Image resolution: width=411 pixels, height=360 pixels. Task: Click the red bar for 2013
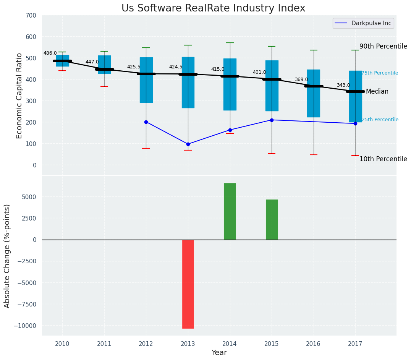(188, 284)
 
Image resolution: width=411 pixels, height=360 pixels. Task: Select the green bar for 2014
(230, 211)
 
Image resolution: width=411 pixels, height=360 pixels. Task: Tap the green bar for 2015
(272, 220)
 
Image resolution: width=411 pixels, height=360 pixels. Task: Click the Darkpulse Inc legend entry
(363, 23)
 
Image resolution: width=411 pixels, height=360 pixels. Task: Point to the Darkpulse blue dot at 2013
(188, 144)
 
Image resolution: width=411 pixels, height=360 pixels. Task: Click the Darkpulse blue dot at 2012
(146, 122)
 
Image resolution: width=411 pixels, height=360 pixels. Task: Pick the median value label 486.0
(50, 53)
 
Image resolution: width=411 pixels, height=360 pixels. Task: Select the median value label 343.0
(343, 85)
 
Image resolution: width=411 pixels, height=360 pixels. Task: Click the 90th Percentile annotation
(383, 46)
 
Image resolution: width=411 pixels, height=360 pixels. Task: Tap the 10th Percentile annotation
(383, 159)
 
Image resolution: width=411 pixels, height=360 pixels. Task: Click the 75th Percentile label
(380, 73)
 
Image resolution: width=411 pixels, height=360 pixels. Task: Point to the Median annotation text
(377, 92)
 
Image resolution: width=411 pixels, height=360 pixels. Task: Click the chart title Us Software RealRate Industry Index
(213, 8)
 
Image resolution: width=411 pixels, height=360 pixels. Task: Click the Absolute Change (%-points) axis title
(7, 256)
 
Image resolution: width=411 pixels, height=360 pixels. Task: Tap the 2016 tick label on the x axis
(314, 344)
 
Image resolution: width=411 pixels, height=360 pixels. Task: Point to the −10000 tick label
(26, 326)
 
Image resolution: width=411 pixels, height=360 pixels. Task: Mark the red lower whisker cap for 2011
(104, 86)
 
